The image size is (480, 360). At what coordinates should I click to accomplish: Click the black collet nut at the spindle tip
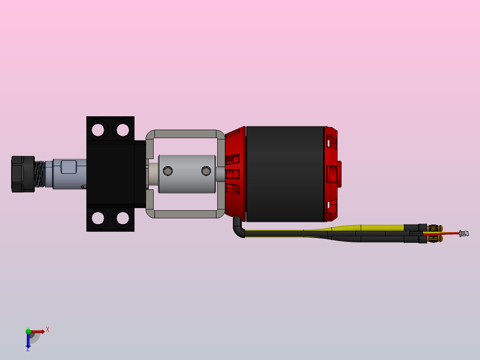coord(23,174)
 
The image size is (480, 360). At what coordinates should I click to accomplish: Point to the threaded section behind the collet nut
coord(40,174)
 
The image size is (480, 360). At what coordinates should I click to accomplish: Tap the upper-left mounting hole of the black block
coord(98,130)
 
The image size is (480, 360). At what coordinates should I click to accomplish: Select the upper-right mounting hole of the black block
coord(123,130)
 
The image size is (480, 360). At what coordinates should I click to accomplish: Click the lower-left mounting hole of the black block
coord(98,218)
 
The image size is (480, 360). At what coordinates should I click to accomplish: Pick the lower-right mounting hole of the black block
coord(123,218)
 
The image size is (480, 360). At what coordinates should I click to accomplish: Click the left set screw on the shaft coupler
coord(168,171)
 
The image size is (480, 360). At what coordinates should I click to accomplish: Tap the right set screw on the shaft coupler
coord(206,171)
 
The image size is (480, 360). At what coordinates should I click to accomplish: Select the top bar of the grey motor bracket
coord(186,134)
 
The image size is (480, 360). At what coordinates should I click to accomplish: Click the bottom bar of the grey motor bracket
coord(186,214)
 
